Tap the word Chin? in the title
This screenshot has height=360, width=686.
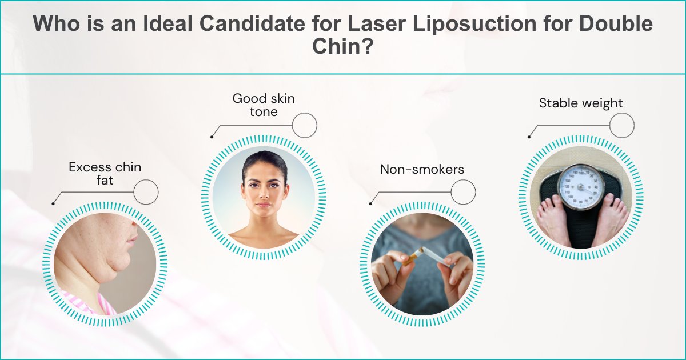coord(342,46)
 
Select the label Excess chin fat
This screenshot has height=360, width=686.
coord(105,174)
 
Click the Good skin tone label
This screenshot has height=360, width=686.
coord(264,105)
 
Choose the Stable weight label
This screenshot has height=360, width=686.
coord(580,103)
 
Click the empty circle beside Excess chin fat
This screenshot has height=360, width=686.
coord(146,192)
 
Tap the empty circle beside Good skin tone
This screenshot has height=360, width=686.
coord(304,125)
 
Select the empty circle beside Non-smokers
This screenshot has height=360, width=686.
coord(463,192)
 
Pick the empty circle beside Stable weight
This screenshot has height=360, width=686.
coord(621,125)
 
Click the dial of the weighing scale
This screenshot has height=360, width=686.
coord(581,186)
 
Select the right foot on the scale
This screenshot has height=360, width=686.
coord(611,219)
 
